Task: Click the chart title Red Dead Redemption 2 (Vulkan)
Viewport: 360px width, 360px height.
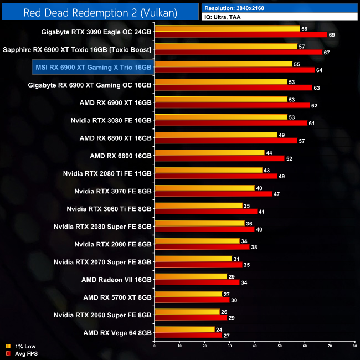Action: click(100, 12)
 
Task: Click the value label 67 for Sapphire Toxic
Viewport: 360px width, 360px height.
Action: click(327, 53)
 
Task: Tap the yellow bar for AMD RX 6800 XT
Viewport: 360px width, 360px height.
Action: click(215, 135)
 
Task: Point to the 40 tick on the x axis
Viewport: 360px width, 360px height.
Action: click(254, 347)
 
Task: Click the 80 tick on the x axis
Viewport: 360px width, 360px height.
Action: click(354, 347)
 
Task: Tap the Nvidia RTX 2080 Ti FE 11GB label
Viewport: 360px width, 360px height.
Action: click(107, 173)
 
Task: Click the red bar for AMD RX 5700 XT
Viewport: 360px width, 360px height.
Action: click(192, 300)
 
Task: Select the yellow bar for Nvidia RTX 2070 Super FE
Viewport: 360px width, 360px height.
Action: click(193, 259)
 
